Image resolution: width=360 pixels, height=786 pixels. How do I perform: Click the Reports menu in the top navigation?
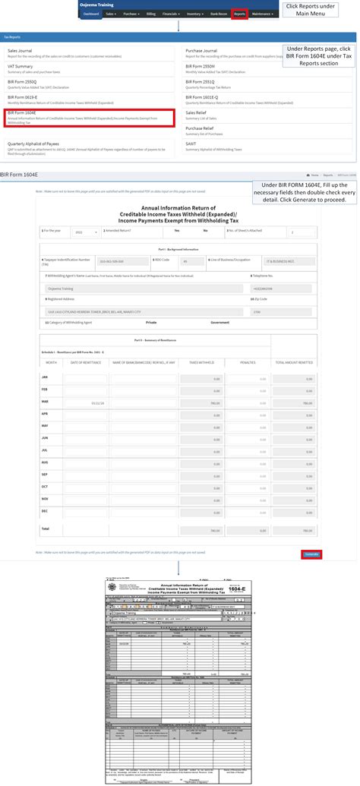click(x=240, y=14)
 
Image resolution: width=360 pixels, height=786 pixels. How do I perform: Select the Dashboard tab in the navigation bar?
click(x=90, y=14)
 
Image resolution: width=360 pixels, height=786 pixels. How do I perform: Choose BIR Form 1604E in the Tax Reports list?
click(x=22, y=112)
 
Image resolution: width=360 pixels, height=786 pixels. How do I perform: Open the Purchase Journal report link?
click(x=201, y=51)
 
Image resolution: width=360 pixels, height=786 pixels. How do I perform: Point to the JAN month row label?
click(x=44, y=377)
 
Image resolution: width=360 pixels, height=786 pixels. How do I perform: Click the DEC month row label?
click(x=44, y=510)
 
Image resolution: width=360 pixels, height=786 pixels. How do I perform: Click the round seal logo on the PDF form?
click(x=114, y=584)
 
